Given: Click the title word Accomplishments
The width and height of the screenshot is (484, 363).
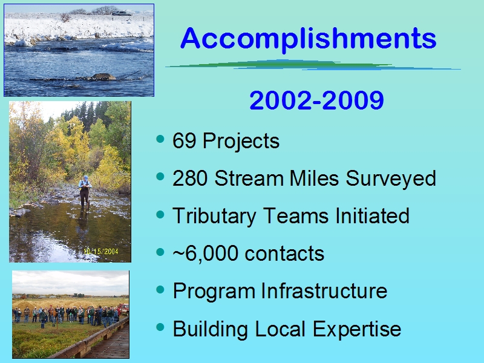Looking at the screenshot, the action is point(309,38).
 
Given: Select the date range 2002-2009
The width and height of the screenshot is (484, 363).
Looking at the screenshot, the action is point(316,100).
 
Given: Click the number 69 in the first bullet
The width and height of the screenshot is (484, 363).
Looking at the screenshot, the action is point(185,140).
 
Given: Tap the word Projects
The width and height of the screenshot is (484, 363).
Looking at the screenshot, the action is point(241,142).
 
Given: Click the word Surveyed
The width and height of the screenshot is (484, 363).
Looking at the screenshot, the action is point(390,179).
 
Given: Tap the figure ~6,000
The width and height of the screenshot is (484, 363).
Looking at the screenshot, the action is point(206,253).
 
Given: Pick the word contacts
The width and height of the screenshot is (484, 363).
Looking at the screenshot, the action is point(284,253).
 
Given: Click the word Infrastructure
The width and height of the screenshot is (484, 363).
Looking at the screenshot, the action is point(324,291).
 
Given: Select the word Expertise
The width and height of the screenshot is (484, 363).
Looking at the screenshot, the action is point(357,330).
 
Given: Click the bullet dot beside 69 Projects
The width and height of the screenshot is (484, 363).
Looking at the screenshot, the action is point(160,139).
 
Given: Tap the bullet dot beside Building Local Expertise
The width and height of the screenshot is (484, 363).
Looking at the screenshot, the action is point(160,327).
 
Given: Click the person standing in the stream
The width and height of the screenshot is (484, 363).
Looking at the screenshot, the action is point(85,194).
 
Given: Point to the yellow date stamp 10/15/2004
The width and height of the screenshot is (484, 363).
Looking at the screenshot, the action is point(101,252).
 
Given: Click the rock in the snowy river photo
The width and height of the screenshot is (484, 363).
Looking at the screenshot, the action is point(102,77).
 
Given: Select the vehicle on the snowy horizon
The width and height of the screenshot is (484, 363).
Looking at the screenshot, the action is point(122,13).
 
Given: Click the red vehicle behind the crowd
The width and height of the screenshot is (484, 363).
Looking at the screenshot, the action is point(124,309).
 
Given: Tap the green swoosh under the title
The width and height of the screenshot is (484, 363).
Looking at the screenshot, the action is point(312,65).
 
